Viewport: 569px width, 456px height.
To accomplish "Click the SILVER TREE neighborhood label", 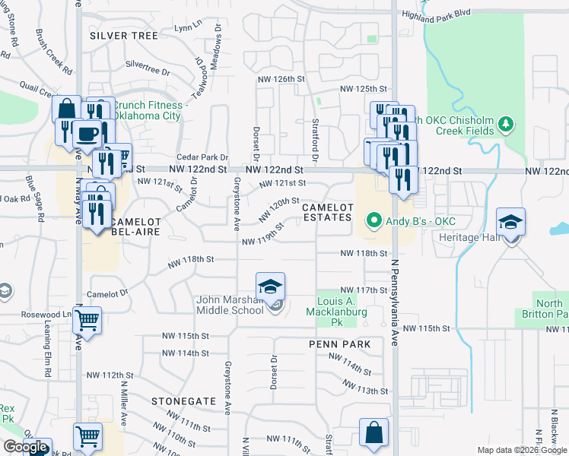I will pos(123,36).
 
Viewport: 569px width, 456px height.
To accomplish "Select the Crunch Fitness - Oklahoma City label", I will pos(151,110).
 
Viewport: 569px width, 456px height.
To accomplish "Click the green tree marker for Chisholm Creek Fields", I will pos(504,123).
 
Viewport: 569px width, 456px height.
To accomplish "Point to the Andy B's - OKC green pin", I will pos(374,222).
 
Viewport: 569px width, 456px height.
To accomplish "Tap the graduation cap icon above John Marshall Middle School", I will pos(270,286).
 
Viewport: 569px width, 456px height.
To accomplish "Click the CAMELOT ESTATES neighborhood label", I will pos(328,213).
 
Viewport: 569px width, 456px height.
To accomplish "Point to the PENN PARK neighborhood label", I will pos(339,344).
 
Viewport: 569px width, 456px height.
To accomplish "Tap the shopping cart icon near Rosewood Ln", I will pos(87,321).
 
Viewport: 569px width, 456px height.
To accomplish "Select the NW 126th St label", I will pos(281,79).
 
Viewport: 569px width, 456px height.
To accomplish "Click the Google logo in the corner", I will pos(25,448).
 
